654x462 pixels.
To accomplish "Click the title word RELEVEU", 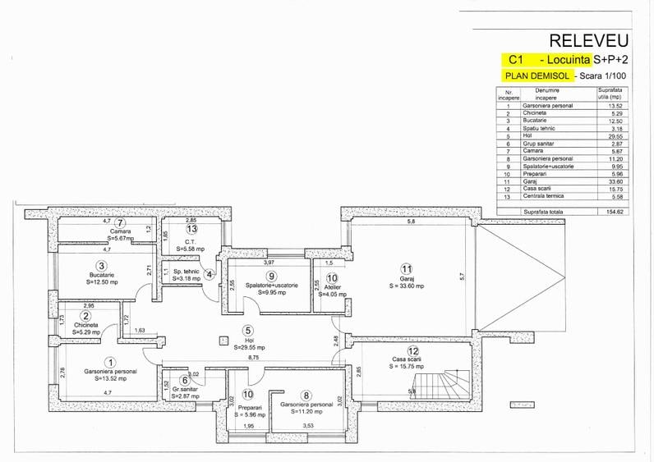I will point(588,40).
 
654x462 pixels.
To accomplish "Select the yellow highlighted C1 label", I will point(516,60).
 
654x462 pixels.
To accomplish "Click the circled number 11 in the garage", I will point(405,269).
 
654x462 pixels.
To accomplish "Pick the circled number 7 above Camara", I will point(121,222).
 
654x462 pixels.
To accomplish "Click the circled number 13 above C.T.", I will point(191,229).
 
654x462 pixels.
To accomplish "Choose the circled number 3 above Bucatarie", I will point(100,266).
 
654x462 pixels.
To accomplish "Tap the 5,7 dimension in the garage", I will point(462,277).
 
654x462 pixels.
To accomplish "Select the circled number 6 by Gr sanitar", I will point(184,380).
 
